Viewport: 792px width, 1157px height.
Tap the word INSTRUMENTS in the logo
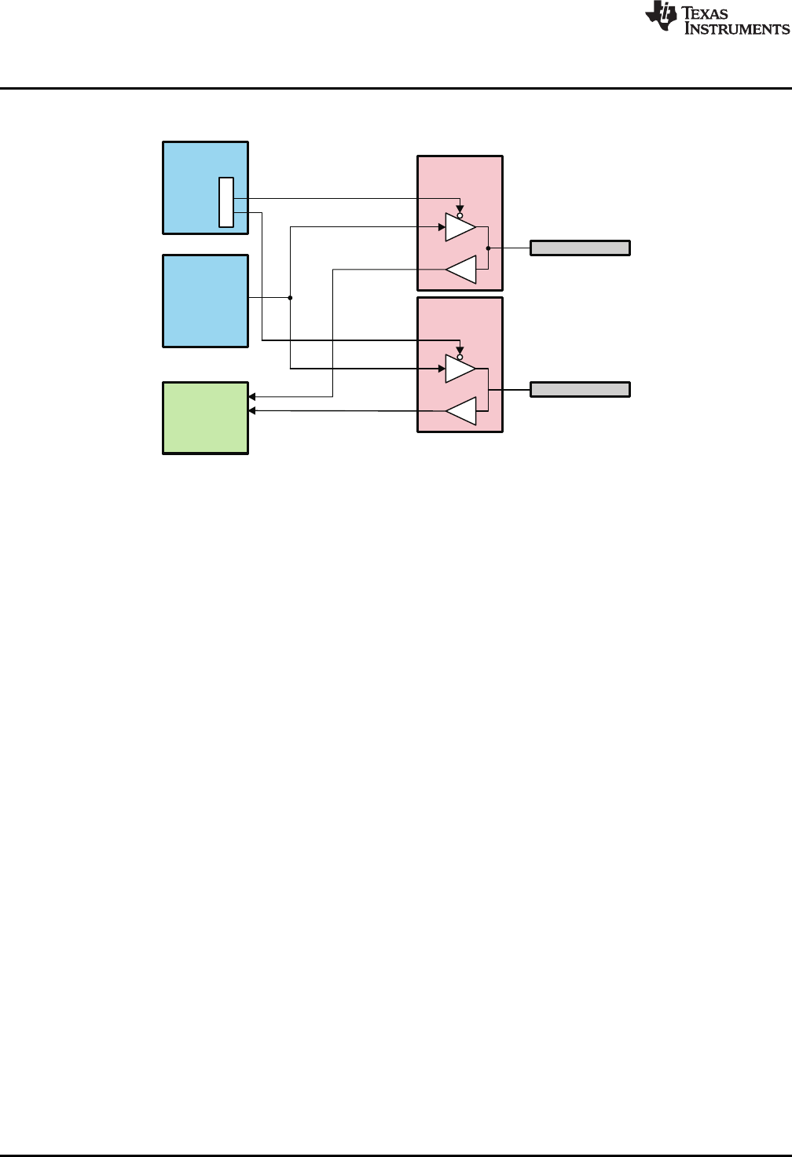738,29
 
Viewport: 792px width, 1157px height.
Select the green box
206,418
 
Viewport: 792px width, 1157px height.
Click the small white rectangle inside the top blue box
226,203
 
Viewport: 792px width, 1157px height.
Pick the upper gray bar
580,248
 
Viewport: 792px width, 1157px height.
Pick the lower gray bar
580,389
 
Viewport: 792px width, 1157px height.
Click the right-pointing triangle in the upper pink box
459,227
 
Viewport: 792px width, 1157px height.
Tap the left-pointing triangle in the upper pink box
462,270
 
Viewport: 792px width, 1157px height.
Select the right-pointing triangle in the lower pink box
459,369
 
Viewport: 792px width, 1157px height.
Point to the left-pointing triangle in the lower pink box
462,411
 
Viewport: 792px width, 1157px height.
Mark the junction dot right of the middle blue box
290,298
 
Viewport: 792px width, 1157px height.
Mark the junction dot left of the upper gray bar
488,248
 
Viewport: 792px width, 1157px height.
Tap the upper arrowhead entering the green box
252,396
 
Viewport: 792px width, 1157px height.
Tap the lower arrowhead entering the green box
252,410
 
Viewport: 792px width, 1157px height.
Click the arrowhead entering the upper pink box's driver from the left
441,227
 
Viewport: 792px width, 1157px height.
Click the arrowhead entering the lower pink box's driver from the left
441,369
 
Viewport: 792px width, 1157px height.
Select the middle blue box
206,300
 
